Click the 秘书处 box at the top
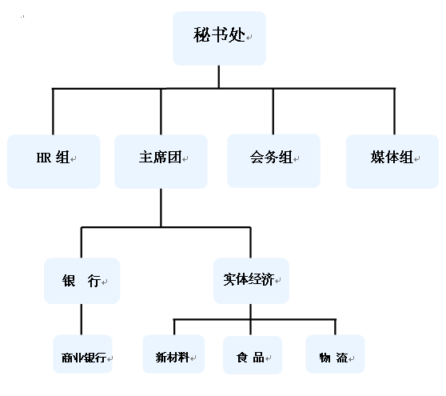click(219, 38)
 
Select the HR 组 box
click(54, 162)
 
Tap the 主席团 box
click(161, 162)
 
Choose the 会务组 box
click(273, 161)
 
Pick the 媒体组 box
click(392, 162)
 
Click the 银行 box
click(82, 281)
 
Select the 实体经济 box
click(251, 281)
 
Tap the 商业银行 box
click(83, 354)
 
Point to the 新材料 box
click(173, 354)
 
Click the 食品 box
click(253, 354)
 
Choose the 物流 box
click(335, 354)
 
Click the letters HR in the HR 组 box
click(43, 158)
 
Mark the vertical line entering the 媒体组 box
click(395, 111)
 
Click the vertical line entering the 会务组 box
click(273, 111)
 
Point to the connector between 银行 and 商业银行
click(82, 319)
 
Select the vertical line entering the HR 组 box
click(53, 111)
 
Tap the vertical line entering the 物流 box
click(336, 327)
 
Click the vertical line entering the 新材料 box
click(174, 327)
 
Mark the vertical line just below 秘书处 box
click(219, 77)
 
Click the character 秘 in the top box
click(201, 35)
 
